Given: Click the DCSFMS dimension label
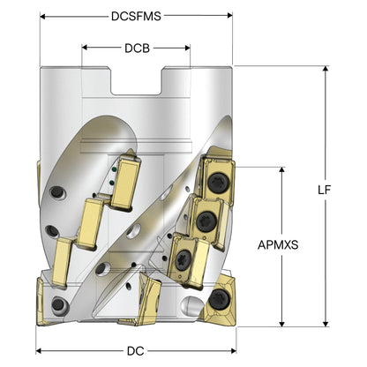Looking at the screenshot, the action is (136, 16).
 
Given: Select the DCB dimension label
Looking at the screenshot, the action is (137, 49).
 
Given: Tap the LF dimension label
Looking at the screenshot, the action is (325, 190).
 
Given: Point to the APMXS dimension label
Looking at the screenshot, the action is (278, 244).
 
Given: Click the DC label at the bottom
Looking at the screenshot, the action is (136, 351).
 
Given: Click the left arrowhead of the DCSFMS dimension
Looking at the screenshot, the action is (42, 16).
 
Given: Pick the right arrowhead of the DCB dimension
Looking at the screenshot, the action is (187, 48).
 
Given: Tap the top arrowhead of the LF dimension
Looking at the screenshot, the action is (326, 69).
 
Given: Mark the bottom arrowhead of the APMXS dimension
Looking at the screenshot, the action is (282, 324).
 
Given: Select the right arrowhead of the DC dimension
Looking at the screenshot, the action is (234, 350).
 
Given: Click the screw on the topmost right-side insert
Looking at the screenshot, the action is (219, 183).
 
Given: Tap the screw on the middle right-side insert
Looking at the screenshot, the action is (206, 221).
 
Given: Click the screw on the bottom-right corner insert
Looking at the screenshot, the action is (219, 299).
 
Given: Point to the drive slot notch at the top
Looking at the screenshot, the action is (136, 81).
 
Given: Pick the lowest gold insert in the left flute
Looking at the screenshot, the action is (63, 262).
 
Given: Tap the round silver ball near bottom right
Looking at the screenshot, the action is (191, 306).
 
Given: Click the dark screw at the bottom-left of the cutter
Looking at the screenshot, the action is (58, 304).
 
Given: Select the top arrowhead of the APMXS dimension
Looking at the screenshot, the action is (282, 170).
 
